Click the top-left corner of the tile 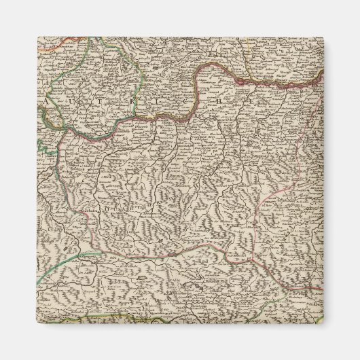pos(37,37)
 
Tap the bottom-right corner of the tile pos(323,323)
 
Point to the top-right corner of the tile pos(323,37)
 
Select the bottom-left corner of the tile pos(37,323)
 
